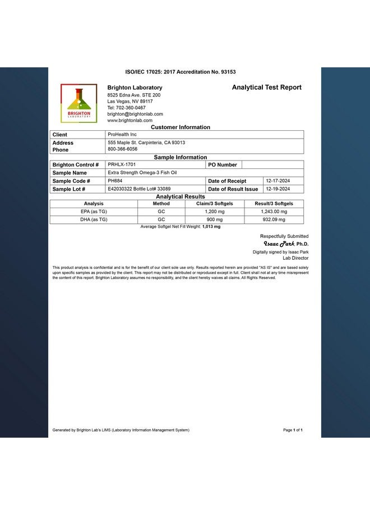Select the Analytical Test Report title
tap(266, 88)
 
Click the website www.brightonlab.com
tap(130, 121)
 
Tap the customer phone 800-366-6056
tap(122, 149)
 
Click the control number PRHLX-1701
tap(122, 165)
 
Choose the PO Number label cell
tap(223, 165)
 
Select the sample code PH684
tap(115, 181)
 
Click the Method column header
tap(161, 204)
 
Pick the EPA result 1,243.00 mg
tap(274, 212)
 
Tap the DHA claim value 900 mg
tap(215, 219)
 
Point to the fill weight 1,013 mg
tap(211, 227)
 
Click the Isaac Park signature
tap(279, 244)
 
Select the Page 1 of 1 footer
tap(293, 430)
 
